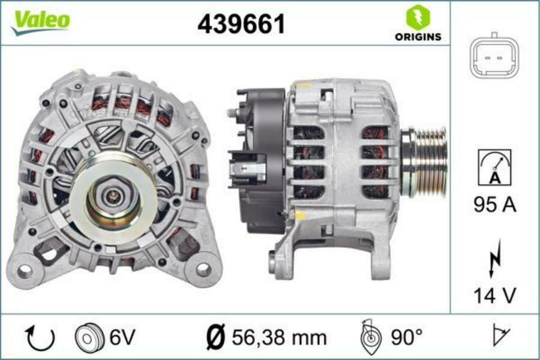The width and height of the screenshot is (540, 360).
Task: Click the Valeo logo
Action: point(41,22)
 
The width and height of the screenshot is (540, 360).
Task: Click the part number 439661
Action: point(241,24)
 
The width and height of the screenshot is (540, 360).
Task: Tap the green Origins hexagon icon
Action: point(418,17)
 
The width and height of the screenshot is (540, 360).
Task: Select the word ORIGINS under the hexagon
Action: point(418,37)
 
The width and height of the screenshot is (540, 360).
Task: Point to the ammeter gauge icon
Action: point(494,167)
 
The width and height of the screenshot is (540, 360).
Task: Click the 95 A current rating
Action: point(494,205)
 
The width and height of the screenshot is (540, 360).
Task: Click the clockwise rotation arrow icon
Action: point(40,338)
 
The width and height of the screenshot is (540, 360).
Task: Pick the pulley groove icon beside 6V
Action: point(86,338)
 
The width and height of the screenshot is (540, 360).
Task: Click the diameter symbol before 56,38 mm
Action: point(214,338)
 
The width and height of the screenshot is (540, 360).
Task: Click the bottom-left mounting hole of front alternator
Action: point(25,271)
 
